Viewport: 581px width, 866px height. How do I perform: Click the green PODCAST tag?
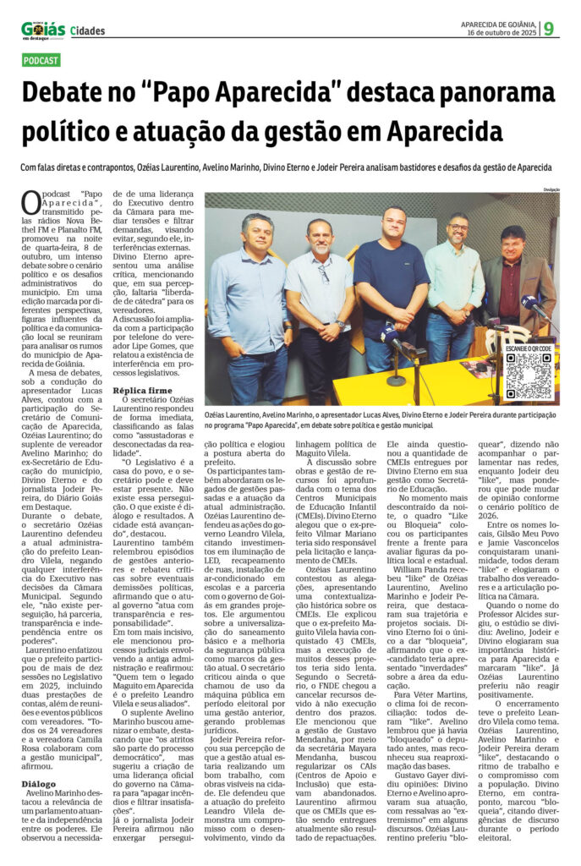tap(41, 61)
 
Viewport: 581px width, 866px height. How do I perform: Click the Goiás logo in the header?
tap(43, 30)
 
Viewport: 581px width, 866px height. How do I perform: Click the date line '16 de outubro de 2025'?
tap(499, 33)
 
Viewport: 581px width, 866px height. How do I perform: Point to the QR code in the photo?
tap(529, 375)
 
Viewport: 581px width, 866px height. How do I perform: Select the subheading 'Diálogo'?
tap(39, 783)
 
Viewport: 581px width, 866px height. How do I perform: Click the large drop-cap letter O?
tap(30, 204)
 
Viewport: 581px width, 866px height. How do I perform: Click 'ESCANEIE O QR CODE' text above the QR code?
tap(529, 348)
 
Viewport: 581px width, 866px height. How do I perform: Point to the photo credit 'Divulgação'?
tap(552, 189)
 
